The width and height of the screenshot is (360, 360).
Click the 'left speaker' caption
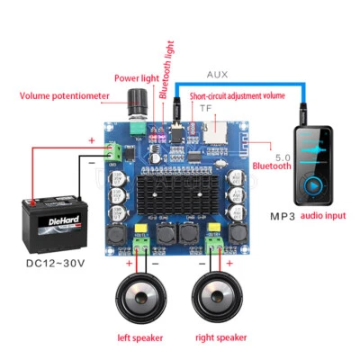coord(141,337)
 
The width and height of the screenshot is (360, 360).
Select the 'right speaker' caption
coord(221,337)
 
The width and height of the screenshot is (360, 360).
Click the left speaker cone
coord(142,298)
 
